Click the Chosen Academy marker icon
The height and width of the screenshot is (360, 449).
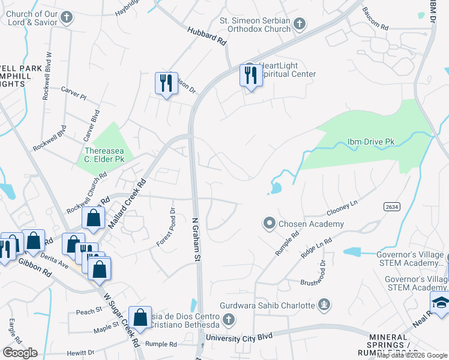(270, 224)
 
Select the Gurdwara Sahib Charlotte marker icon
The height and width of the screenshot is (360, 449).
(325, 305)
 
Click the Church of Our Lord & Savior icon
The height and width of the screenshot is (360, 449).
(67, 17)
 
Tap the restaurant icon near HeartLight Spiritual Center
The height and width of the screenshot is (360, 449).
(250, 76)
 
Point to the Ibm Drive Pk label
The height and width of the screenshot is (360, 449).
(370, 142)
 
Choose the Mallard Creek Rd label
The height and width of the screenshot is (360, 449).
(127, 203)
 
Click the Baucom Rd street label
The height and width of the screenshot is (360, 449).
(376, 19)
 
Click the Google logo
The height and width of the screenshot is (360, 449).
(19, 353)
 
